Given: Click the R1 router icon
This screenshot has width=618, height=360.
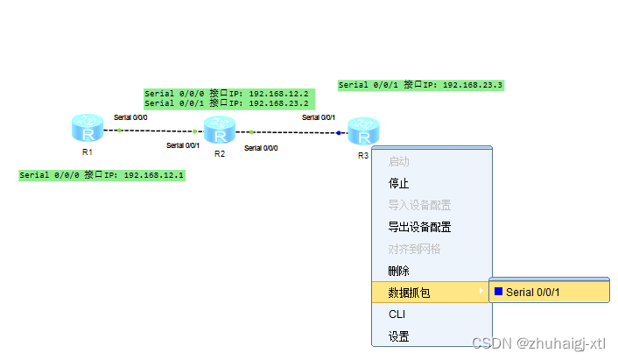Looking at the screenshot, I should [88, 130].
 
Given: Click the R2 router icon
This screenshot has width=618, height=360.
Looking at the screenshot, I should [220, 131].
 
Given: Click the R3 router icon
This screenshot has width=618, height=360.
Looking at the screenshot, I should [363, 131].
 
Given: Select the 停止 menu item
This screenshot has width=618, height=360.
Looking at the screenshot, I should [399, 183].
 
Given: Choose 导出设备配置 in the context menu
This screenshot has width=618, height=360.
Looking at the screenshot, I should [420, 227].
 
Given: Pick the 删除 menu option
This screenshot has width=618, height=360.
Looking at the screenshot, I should [399, 271].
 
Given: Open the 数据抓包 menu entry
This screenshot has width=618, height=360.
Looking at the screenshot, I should [410, 293].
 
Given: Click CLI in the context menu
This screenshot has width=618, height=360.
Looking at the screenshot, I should [397, 314].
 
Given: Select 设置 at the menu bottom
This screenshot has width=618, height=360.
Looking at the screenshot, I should [399, 335].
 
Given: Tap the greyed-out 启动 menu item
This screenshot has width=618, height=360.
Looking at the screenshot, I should [399, 162].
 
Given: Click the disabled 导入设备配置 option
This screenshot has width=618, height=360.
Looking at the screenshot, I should [420, 205].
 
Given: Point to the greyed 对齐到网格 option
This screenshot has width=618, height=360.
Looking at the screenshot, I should [415, 249].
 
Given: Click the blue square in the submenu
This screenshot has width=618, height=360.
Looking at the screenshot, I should [499, 292].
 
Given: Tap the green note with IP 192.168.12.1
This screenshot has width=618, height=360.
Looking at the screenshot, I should [102, 175].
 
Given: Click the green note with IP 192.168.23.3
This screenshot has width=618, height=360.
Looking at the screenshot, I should [420, 85].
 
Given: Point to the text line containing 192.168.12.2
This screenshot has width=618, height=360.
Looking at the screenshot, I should [227, 93].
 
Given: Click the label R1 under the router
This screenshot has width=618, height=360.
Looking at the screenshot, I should [87, 152].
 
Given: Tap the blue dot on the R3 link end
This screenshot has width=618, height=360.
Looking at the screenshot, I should [339, 133].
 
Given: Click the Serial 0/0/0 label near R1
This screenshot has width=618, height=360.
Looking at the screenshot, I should [131, 117].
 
